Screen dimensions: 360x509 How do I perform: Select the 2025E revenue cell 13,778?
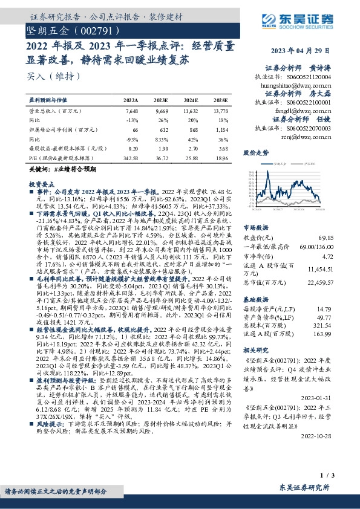pyautogui.click(x=221, y=111)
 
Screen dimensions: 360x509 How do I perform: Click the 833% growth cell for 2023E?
pyautogui.click(x=162, y=138)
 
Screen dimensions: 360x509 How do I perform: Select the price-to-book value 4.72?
pyautogui.click(x=344, y=257)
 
